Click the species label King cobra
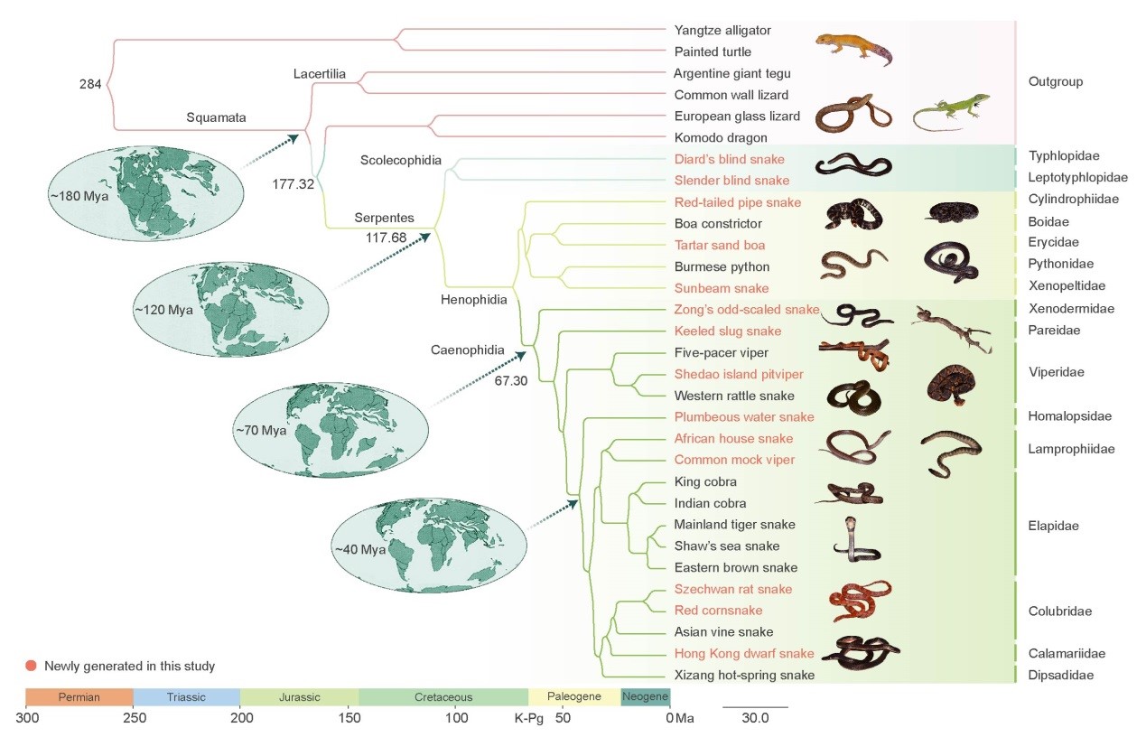705,481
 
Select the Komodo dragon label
721,137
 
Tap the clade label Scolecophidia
400,161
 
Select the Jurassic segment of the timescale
299,697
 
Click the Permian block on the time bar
79,697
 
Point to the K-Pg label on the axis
528,718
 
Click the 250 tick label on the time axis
134,718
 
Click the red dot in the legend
32,667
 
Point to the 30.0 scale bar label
755,718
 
